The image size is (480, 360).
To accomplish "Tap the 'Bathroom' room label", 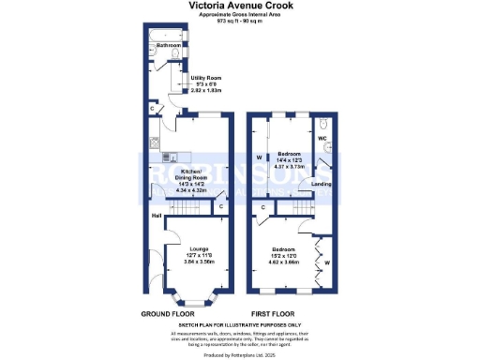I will (x=169, y=45).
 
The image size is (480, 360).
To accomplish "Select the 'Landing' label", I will (x=321, y=184).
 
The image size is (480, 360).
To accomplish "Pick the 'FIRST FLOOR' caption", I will (x=274, y=313).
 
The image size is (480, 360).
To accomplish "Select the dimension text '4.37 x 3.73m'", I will (x=288, y=168).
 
